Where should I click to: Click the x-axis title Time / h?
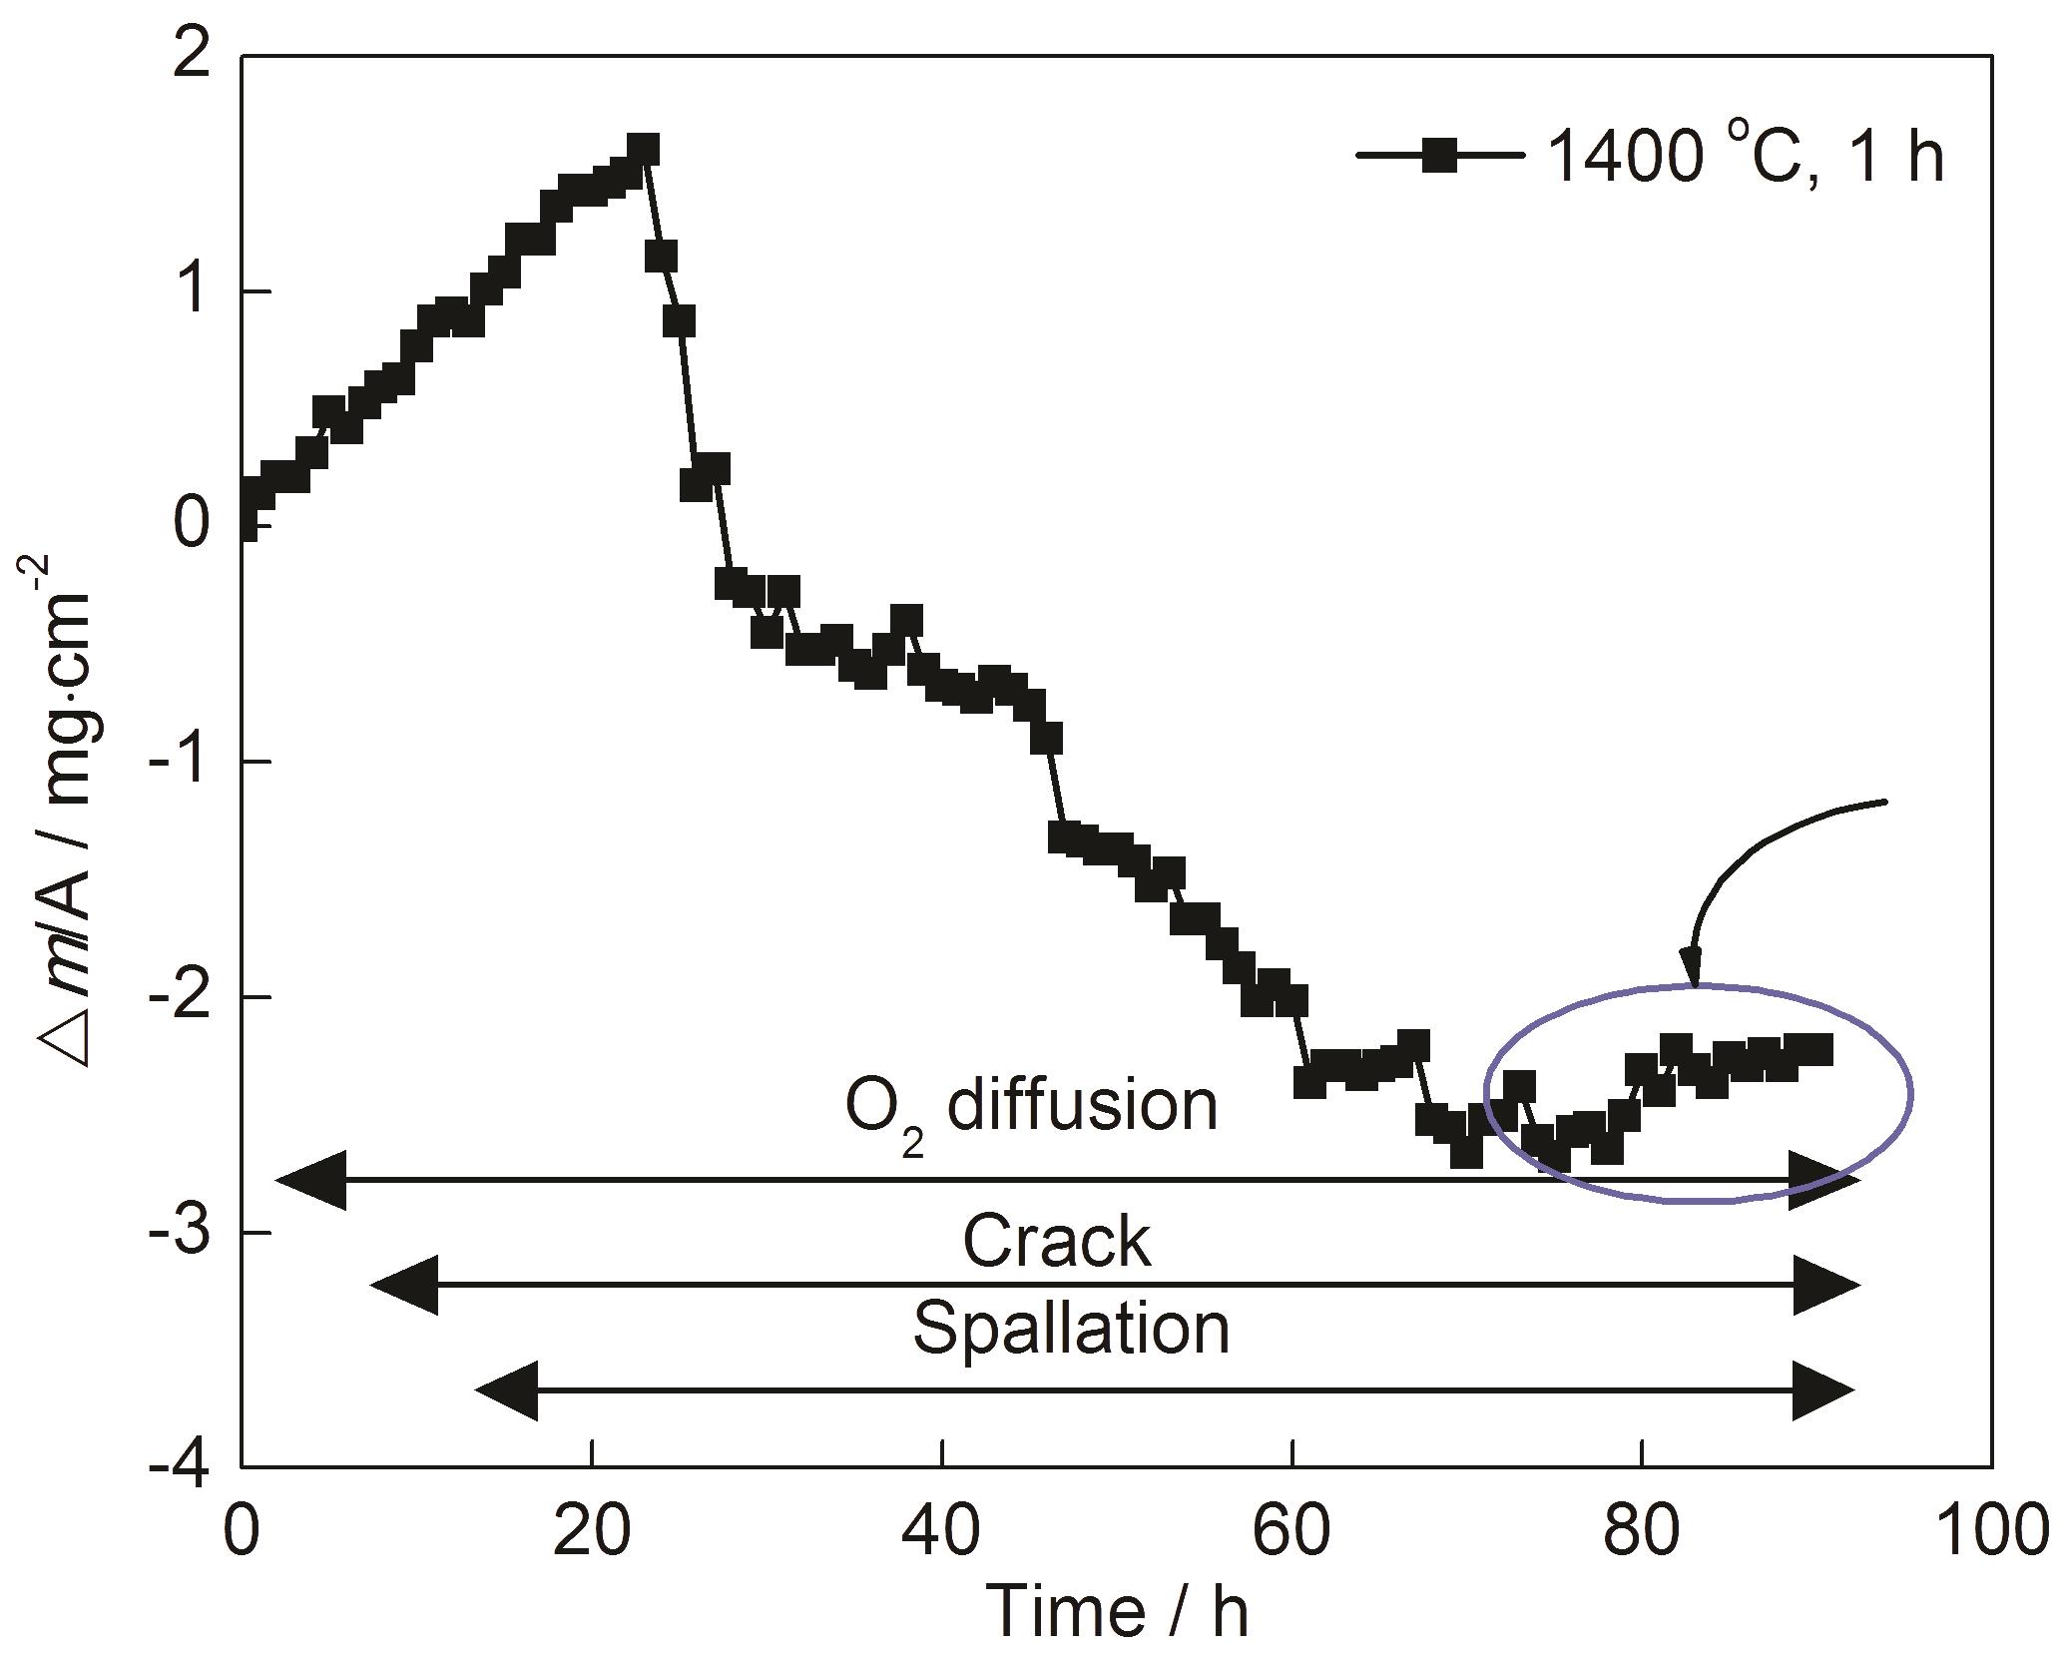[1117, 1611]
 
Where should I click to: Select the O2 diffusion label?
[1031, 1108]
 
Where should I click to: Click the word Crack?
[1056, 1242]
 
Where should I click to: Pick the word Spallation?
[1071, 1328]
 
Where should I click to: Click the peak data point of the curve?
[644, 151]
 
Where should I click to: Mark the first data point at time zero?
[243, 524]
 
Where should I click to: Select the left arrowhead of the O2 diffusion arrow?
[311, 1180]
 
